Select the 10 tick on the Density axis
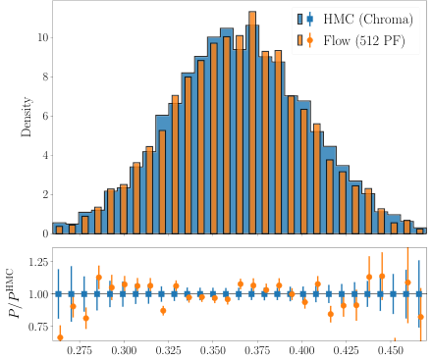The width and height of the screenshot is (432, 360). click(x=41, y=37)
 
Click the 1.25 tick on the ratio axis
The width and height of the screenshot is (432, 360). click(x=33, y=262)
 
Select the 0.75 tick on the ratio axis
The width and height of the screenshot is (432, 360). click(x=33, y=325)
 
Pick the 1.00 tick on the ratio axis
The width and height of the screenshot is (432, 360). click(x=33, y=293)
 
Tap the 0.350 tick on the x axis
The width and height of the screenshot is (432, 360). click(x=214, y=349)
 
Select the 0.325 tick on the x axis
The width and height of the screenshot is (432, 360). click(x=170, y=349)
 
